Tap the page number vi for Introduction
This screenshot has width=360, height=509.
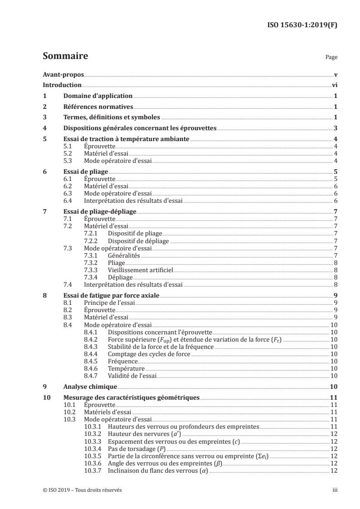334,85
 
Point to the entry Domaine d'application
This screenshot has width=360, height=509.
98,96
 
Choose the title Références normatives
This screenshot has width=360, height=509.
98,107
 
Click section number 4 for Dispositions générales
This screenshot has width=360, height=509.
44,128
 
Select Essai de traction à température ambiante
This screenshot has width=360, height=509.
126,139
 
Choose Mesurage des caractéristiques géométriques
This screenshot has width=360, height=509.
131,397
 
